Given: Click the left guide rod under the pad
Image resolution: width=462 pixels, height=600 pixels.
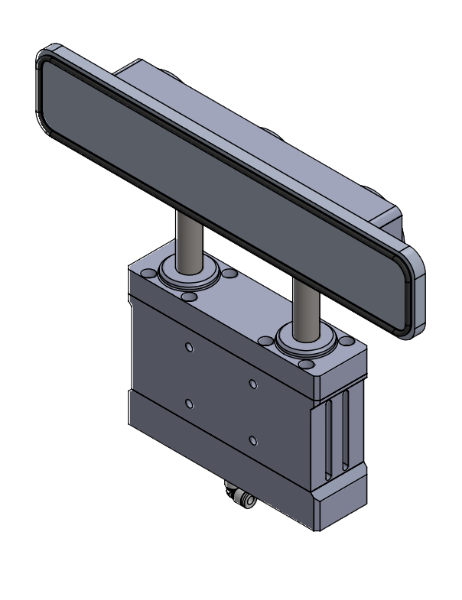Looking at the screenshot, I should pyautogui.click(x=187, y=237).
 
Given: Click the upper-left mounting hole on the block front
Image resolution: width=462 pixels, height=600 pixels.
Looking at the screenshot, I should pyautogui.click(x=190, y=348).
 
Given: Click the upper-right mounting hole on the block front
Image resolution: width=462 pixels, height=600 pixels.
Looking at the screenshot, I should pyautogui.click(x=252, y=382).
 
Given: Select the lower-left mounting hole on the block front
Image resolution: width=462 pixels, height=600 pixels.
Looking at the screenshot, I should pyautogui.click(x=190, y=402).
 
